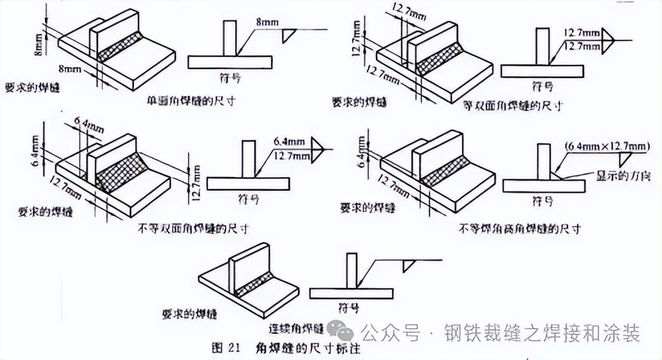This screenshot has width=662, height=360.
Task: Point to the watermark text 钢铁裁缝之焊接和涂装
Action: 542,333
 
